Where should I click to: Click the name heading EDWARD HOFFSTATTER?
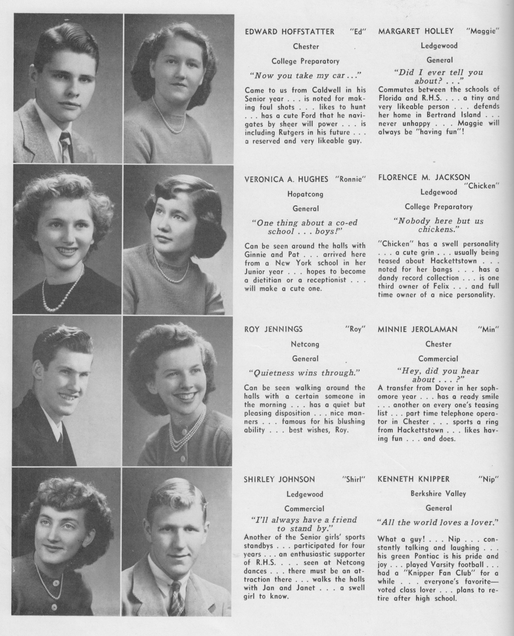(x=289, y=32)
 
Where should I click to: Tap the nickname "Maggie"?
(x=482, y=32)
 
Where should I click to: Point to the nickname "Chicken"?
(x=482, y=185)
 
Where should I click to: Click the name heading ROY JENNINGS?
(x=273, y=330)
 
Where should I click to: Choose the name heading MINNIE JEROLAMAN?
(x=417, y=330)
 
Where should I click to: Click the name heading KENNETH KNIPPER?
(x=414, y=479)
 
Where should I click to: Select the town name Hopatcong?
(x=305, y=194)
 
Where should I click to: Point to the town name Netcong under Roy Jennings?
(x=305, y=344)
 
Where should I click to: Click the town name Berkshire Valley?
(x=438, y=494)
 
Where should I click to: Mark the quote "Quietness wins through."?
(x=304, y=373)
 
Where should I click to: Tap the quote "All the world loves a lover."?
(x=438, y=523)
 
